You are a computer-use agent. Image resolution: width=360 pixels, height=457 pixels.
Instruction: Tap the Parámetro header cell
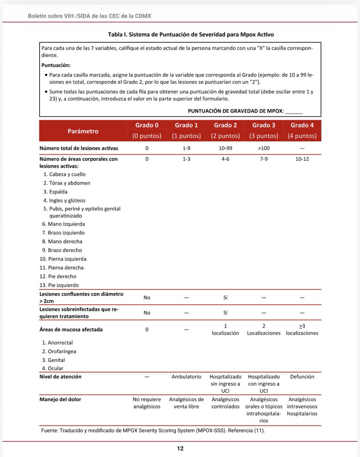83,131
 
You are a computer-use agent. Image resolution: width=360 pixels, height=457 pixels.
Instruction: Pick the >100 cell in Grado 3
264,148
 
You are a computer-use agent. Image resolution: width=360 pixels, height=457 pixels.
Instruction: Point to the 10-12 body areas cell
302,159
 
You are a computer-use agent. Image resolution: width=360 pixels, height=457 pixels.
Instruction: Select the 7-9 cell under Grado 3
264,159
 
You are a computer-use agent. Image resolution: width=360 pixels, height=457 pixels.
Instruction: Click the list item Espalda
58,192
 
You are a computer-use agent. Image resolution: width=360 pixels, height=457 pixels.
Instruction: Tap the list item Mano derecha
65,241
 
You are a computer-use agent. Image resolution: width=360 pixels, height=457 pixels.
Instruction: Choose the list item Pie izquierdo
63,285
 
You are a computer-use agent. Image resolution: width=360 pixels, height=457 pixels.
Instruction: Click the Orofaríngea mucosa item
62,352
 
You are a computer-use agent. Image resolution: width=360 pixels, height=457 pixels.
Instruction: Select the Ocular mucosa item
56,368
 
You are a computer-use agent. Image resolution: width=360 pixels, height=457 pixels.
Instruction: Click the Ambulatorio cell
186,377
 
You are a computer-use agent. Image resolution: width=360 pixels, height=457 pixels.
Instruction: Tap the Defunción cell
302,377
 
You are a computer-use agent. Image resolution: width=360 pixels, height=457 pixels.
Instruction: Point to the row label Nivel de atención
61,377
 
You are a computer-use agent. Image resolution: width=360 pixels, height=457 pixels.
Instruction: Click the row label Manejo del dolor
60,399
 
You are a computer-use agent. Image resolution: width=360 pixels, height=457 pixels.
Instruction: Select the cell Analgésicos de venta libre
186,403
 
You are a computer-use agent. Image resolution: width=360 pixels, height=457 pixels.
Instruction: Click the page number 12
180,449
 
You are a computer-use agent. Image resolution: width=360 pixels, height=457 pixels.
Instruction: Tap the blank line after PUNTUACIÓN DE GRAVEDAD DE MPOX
294,111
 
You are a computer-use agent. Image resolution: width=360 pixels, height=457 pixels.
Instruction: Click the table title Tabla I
191,34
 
